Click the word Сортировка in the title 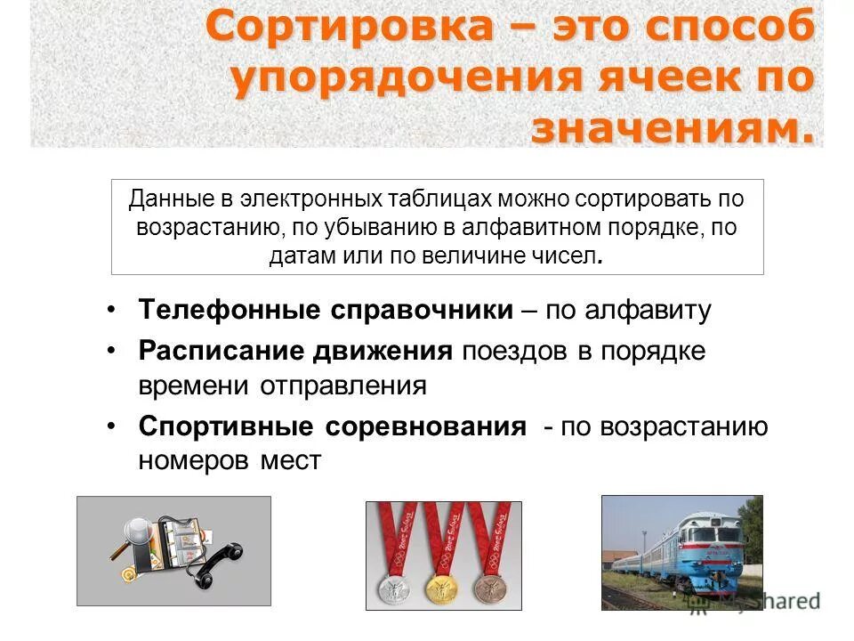(348, 27)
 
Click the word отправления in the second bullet (343, 386)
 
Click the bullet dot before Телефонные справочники (110, 309)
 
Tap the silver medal (391, 587)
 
